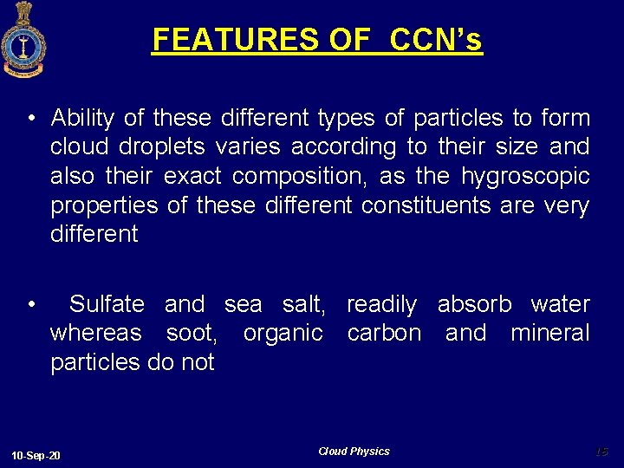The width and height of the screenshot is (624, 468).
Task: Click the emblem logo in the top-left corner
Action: click(x=23, y=39)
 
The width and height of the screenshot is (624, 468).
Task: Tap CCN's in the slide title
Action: click(x=436, y=40)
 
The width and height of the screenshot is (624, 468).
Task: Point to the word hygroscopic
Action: click(x=525, y=177)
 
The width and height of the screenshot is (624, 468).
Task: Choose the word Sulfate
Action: click(x=107, y=304)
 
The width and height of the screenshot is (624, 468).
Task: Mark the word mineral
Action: click(x=549, y=333)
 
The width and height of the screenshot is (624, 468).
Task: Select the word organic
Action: click(x=283, y=333)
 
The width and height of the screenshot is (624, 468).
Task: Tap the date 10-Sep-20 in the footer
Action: click(x=36, y=456)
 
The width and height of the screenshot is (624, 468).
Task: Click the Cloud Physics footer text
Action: click(x=354, y=452)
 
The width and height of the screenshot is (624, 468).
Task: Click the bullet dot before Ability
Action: click(x=30, y=119)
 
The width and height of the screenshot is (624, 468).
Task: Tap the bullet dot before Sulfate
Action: click(x=30, y=305)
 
